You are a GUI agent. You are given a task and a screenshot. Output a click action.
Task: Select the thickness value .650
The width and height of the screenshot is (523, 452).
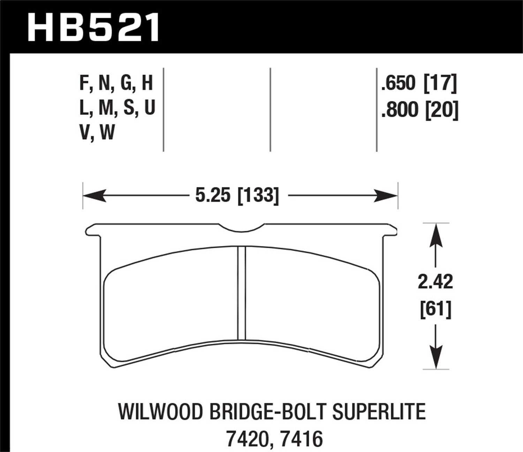click(399, 84)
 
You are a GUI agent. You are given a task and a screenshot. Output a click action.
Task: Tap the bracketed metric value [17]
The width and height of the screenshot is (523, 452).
click(440, 84)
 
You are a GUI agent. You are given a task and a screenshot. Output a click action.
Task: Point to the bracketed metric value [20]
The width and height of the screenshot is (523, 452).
click(441, 110)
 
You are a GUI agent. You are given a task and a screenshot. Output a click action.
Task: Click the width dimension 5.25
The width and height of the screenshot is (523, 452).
click(213, 195)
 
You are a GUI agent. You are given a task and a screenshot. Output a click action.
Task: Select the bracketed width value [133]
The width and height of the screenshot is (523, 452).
click(258, 195)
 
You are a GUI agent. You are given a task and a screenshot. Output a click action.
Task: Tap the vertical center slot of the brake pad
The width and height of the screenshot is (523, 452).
click(241, 293)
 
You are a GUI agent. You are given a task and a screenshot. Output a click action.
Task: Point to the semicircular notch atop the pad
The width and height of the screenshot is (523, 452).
click(242, 227)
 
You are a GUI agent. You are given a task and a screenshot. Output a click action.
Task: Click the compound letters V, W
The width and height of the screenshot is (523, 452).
click(97, 133)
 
